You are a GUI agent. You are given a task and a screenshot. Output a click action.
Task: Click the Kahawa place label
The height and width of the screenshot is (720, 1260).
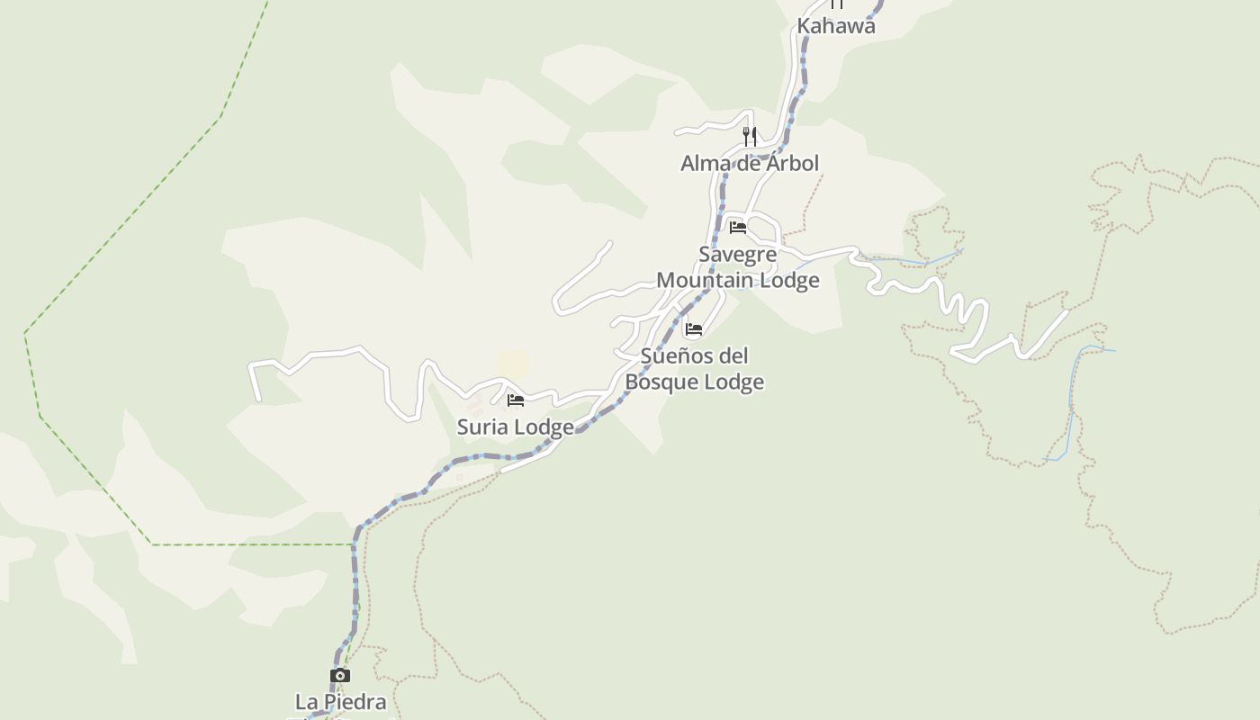coord(835,26)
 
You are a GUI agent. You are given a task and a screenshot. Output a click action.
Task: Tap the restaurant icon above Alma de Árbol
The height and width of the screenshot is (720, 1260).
coord(749,137)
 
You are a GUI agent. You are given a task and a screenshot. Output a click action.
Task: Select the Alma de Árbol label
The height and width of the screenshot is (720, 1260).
coord(749,163)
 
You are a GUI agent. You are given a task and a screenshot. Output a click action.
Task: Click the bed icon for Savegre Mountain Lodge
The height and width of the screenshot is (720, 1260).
coord(738,227)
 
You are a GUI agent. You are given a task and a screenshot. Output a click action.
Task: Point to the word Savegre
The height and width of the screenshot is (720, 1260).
coord(737,254)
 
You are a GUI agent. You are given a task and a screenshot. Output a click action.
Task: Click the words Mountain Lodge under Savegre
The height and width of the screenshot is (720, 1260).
coord(737,280)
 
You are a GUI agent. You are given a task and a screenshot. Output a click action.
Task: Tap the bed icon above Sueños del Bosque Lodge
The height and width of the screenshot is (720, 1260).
coord(693,329)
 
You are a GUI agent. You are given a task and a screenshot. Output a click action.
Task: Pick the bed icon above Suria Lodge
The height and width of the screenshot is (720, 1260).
coord(516,400)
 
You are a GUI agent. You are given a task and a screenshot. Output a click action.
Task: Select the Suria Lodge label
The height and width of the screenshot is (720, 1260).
coord(515,427)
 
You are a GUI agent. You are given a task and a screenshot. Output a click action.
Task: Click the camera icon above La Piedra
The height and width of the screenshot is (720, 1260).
coord(339,675)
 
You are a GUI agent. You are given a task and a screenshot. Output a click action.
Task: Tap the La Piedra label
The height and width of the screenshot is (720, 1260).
coord(340,701)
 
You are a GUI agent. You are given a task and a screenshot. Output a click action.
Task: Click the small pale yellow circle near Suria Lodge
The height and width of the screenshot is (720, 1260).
coord(513,364)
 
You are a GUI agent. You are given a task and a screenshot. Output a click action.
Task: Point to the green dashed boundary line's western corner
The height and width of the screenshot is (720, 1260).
coord(25,333)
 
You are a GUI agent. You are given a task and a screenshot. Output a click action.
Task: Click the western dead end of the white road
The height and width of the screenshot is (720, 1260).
coord(258,398)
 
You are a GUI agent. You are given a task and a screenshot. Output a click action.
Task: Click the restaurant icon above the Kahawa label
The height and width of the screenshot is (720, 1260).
coord(837,4)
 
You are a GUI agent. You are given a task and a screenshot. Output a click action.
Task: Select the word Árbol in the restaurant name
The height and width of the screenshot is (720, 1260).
coord(792,163)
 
